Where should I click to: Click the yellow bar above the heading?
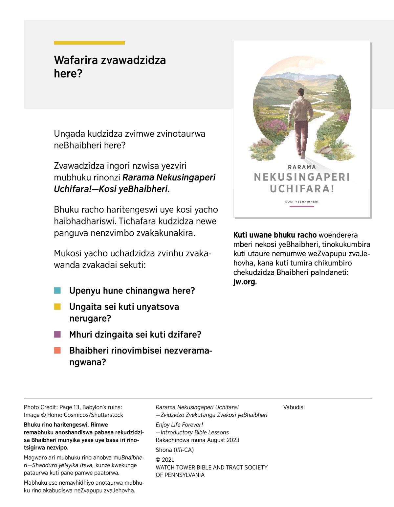point(89,43)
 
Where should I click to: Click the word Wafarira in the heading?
point(76,60)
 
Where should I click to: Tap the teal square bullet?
point(57,290)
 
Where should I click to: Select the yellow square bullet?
point(57,307)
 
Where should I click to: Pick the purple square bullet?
point(57,334)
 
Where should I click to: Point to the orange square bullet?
point(57,350)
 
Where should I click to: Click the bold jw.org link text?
point(244,282)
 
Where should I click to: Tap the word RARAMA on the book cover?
point(302,167)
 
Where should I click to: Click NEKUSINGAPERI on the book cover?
point(302,177)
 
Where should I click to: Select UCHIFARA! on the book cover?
point(302,189)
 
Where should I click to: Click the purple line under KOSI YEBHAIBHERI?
point(302,207)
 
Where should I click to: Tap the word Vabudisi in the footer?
point(294,407)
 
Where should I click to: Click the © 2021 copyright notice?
point(165,460)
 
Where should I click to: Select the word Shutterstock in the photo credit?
point(107,415)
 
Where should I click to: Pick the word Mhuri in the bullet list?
point(81,334)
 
